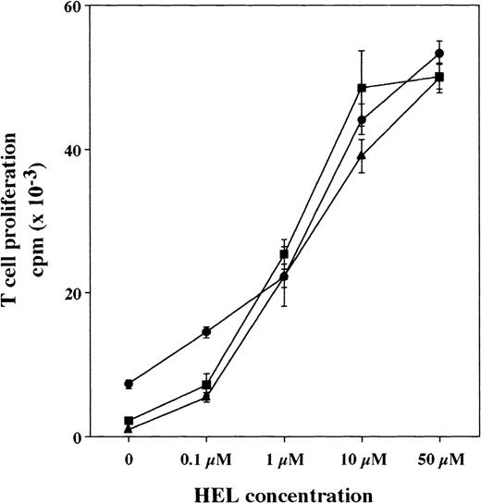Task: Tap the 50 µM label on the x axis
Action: click(x=439, y=459)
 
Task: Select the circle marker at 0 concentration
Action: click(x=129, y=384)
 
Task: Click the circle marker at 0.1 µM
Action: click(x=206, y=332)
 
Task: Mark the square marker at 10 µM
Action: click(x=362, y=88)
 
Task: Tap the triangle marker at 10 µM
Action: click(x=362, y=155)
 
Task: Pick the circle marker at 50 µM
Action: click(x=439, y=54)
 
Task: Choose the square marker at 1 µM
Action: click(x=284, y=254)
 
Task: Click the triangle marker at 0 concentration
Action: click(x=129, y=429)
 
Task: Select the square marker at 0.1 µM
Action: click(x=206, y=385)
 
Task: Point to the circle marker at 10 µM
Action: click(x=362, y=120)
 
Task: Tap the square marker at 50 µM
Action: click(x=439, y=77)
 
